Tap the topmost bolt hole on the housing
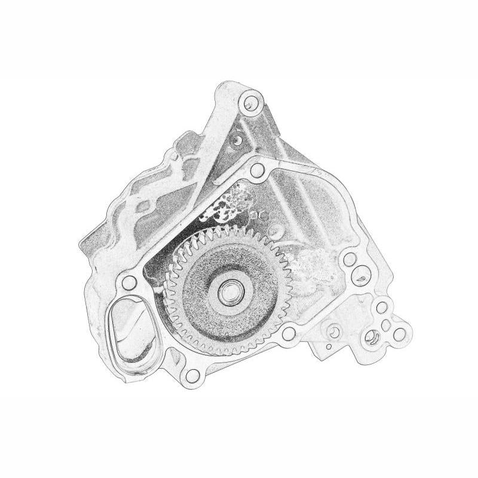click(x=250, y=103)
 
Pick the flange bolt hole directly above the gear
click(x=256, y=171)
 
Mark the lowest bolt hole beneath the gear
click(x=191, y=375)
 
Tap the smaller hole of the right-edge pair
click(x=351, y=260)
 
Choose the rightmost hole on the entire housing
click(x=399, y=335)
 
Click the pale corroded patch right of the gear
click(x=311, y=263)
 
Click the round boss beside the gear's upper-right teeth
click(x=276, y=230)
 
